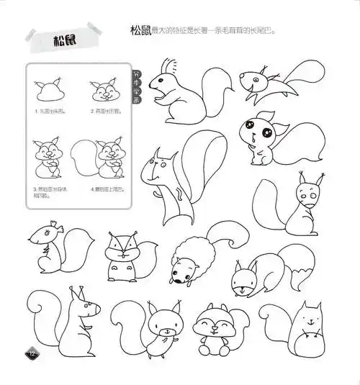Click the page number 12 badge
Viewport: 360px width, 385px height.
(x=32, y=353)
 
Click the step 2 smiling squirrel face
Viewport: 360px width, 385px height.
(x=105, y=91)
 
